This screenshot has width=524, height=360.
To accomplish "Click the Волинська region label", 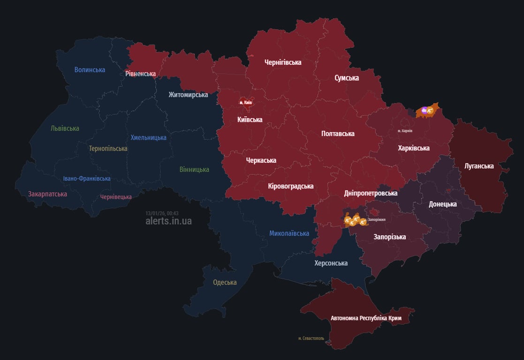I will (90, 70).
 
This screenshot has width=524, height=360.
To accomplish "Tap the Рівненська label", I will (140, 74).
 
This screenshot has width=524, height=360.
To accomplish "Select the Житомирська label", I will (188, 95).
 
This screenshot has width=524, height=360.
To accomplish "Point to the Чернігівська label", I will (283, 62).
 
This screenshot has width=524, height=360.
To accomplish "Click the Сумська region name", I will (347, 78).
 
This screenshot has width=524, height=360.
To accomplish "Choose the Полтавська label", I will (338, 134).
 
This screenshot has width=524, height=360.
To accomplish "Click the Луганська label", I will (479, 166).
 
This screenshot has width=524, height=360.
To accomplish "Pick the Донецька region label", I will (443, 204).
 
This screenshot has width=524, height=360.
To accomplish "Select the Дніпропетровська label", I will (371, 193).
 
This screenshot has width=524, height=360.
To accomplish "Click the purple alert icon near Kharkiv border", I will (424, 111).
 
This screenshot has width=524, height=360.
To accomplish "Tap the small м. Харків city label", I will (405, 131).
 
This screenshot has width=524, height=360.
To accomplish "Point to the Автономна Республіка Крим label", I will (366, 318).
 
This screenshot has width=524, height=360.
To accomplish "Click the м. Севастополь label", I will (311, 338).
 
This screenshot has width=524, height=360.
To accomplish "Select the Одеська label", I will (225, 282).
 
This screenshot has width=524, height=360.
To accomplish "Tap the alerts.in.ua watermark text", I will (168, 221).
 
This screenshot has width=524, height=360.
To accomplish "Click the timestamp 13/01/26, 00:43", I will (162, 213).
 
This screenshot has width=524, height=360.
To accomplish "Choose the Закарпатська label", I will (47, 194).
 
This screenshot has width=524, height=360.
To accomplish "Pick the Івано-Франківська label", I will (87, 179).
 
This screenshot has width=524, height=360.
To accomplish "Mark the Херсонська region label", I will (331, 263).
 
